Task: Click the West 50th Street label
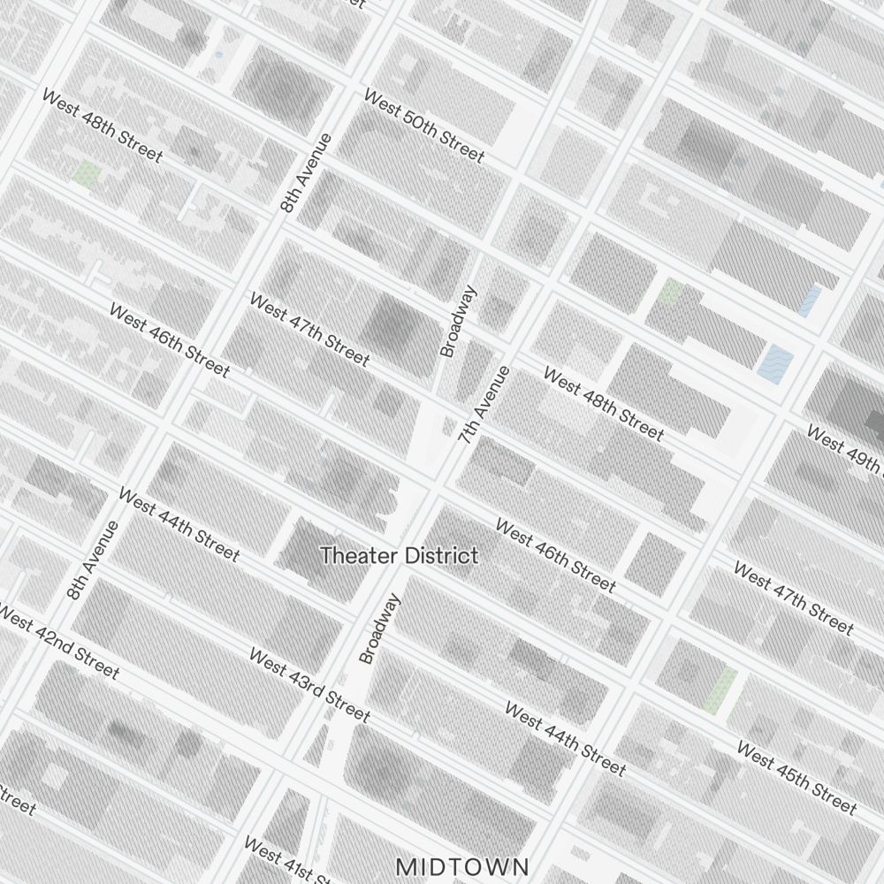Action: coord(424,126)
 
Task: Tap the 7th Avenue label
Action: coord(484,404)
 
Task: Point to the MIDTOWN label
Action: coord(462,865)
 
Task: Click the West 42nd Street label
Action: coord(57,643)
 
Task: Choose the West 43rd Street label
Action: coord(309,684)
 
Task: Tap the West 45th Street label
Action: coord(796,778)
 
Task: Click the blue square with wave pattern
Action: coord(776,360)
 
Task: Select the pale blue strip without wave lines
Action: coord(810,301)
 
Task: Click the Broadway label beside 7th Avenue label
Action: coord(459,320)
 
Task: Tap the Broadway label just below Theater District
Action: coord(380,628)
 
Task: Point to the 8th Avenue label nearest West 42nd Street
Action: coord(92,560)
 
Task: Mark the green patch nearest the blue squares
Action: coord(671,292)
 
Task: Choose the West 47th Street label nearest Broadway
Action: coord(309,329)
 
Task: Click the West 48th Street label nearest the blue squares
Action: coord(603,405)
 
